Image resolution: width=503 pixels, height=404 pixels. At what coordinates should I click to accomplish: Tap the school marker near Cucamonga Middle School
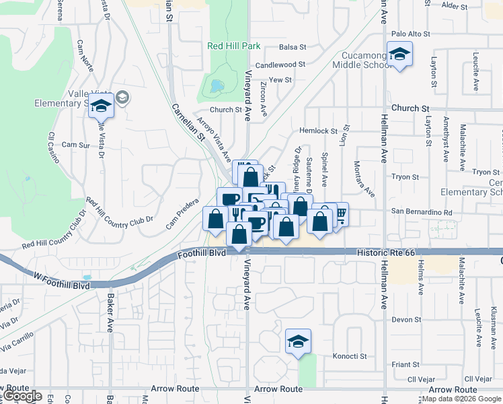pos(399,55)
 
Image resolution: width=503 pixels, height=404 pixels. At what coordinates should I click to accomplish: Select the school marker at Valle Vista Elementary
pos(101,106)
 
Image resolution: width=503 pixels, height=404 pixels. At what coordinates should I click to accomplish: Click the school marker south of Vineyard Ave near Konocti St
pos(298,341)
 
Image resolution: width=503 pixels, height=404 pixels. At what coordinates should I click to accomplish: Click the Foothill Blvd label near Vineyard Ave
pos(204,255)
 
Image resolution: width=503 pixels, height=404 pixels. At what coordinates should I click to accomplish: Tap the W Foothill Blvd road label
pos(61,281)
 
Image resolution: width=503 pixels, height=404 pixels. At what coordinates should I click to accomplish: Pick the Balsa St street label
pos(293,47)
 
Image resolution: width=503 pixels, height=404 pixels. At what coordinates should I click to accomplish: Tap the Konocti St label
pos(350,356)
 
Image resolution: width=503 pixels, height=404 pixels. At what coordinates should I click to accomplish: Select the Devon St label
pos(405,319)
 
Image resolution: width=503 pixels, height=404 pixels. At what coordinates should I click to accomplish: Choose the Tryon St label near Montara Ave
pos(405,177)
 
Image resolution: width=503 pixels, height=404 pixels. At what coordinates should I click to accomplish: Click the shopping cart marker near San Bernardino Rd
pos(340,215)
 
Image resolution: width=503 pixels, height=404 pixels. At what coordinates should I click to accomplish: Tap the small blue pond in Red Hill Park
pos(215,86)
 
